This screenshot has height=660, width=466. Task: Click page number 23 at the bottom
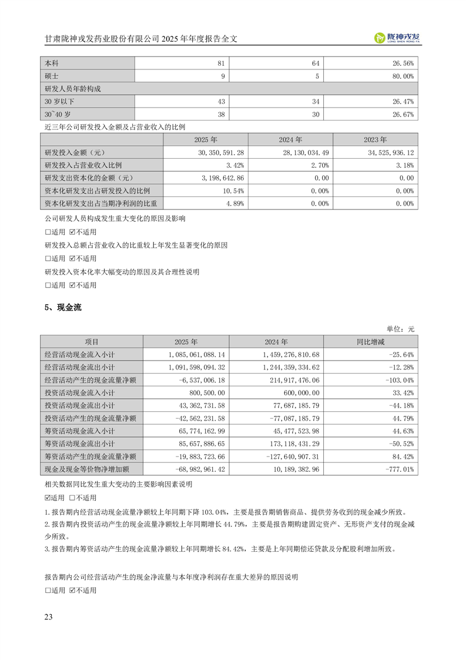click(49, 616)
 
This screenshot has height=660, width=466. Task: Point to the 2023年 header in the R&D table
click(376, 140)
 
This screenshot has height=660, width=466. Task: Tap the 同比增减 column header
click(371, 342)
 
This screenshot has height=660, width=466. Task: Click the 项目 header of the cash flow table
click(92, 342)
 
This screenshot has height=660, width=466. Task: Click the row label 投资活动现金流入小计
click(82, 394)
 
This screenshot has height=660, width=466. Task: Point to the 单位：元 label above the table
click(400, 328)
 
